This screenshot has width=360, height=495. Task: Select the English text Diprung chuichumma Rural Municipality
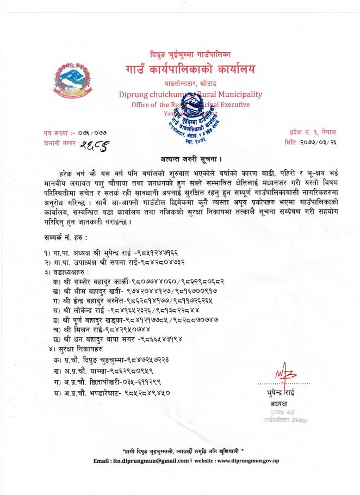click(190, 94)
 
